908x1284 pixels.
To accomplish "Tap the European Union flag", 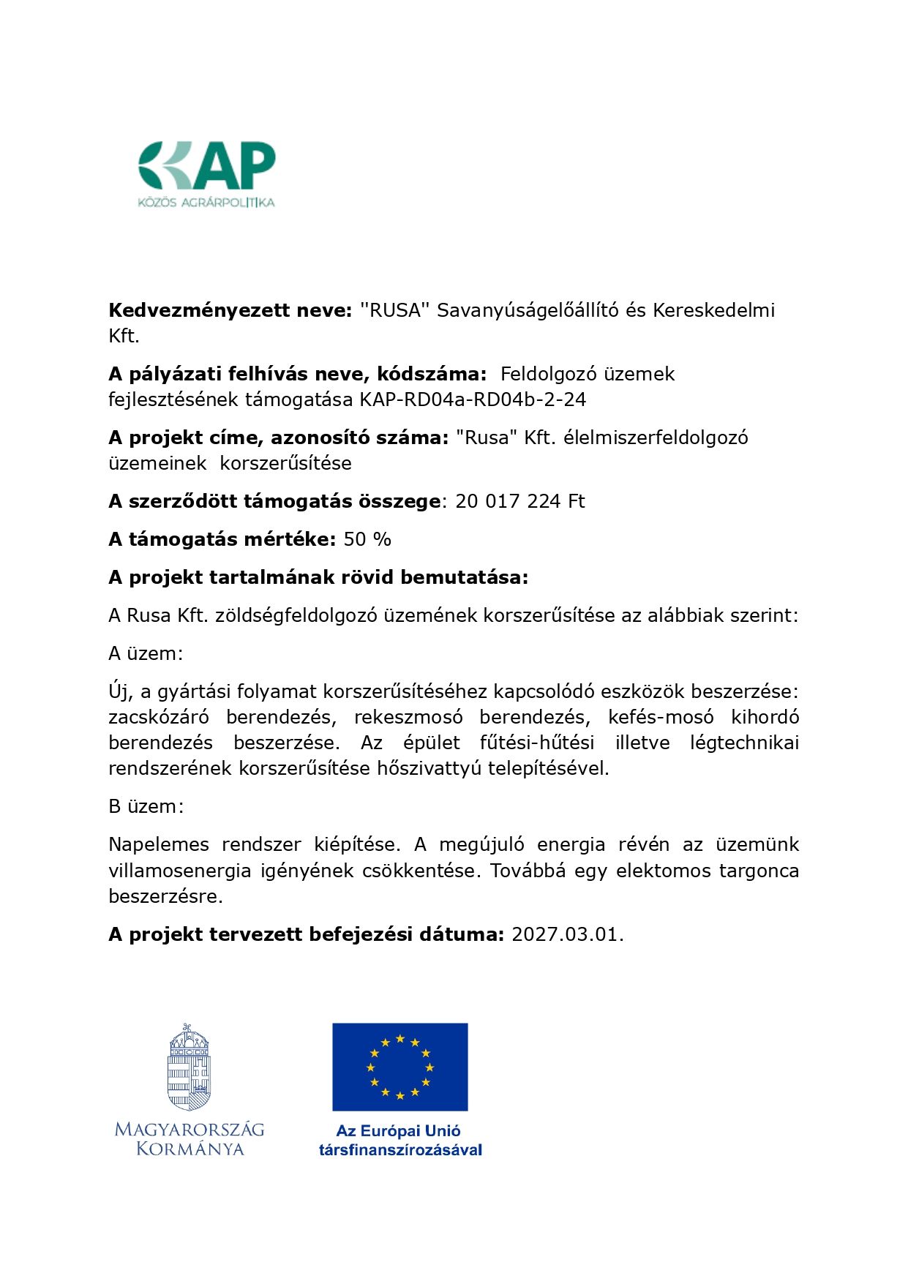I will point(399,1067).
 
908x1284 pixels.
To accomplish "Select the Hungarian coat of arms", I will point(189,1067).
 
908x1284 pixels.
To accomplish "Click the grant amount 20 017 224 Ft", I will point(520,501).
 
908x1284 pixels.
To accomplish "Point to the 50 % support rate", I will point(367,539).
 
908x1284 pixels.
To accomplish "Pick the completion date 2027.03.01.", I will point(567,934).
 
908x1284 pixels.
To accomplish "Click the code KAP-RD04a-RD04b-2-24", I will point(473,399).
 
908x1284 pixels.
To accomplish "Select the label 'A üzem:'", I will point(146,653).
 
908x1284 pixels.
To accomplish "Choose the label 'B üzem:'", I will point(146,806).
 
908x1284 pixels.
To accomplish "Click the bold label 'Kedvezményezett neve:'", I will point(230,310).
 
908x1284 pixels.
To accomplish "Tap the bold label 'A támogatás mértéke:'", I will point(222,539).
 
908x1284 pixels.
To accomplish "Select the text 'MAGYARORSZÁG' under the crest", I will point(190,1130).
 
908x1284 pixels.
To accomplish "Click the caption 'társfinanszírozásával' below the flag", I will point(400,1150).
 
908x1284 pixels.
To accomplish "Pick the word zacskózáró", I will point(159,717).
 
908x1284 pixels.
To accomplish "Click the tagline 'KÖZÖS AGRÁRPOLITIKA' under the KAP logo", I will point(206,202).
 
